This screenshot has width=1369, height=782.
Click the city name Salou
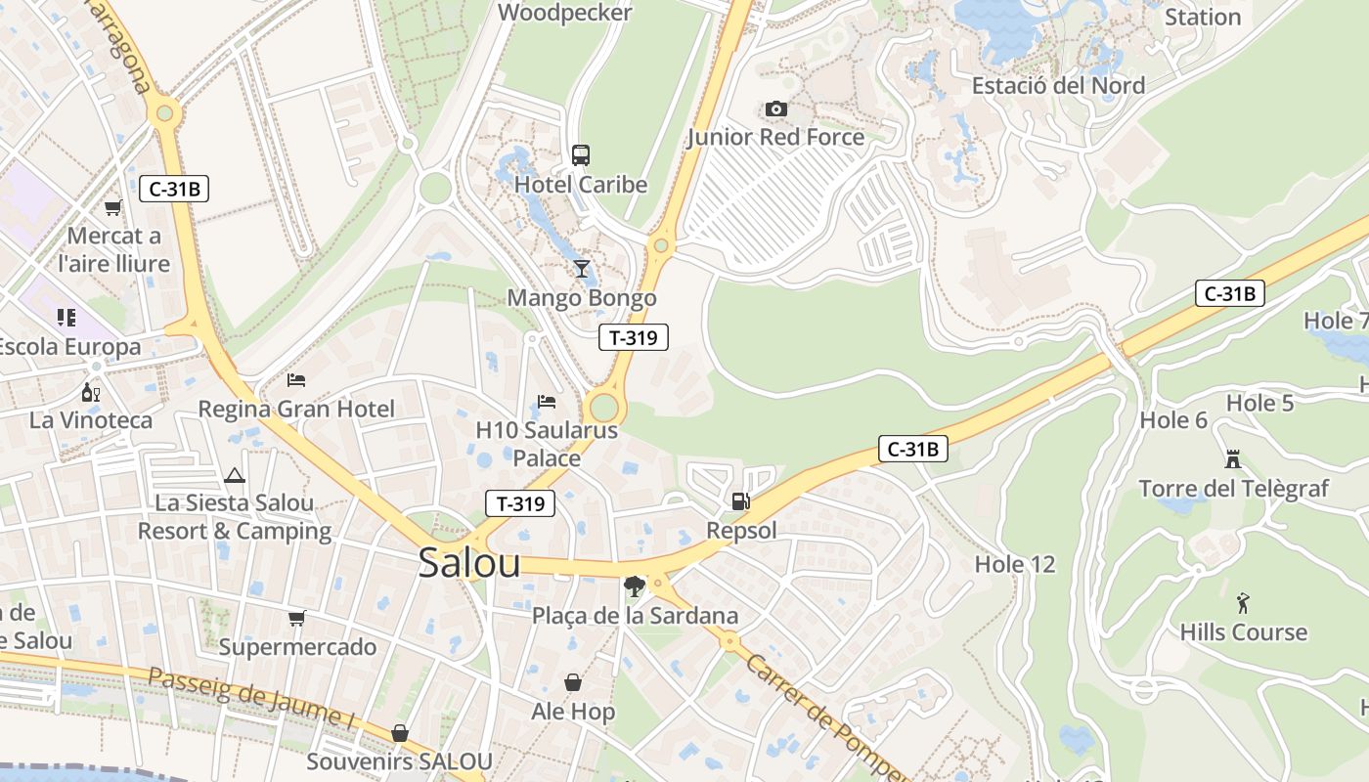pos(469,563)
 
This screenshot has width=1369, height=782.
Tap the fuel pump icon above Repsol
pos(741,501)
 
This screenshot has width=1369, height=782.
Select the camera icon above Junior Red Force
pos(776,109)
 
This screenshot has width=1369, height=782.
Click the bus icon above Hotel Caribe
pos(581,154)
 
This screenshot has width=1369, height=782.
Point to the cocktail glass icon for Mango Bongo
pos(582,268)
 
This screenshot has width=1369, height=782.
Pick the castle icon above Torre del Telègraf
pos(1233,458)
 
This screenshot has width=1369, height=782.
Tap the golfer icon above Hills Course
pos(1243,602)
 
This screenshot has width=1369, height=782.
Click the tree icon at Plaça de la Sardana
pos(635,586)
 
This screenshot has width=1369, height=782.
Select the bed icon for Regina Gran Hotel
pos(296,379)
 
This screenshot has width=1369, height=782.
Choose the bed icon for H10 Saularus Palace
pos(547,401)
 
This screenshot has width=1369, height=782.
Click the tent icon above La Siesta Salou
pos(234,476)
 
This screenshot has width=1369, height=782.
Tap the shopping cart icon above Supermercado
pos(297,618)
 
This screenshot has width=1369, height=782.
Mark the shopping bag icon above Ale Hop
pos(573,681)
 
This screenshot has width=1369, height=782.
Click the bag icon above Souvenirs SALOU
pos(399,732)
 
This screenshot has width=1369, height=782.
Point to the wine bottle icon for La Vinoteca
pos(91,392)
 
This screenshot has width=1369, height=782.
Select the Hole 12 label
pos(1015,564)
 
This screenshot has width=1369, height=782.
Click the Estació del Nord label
pos(1058,85)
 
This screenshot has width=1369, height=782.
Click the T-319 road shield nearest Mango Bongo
pos(634,337)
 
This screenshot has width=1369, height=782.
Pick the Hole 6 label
pos(1173,420)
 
